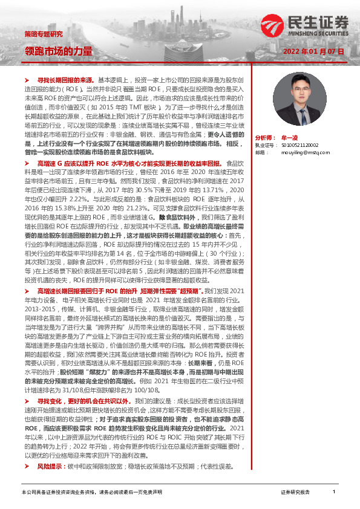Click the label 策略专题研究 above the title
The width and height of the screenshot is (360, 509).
coord(43,33)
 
